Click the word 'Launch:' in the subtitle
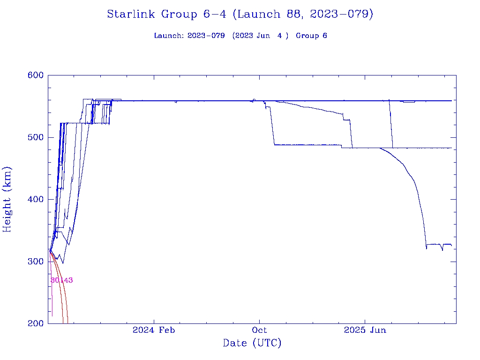tap(169, 36)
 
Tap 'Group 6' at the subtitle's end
tap(311, 36)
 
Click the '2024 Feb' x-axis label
tap(154, 330)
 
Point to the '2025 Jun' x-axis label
tap(365, 330)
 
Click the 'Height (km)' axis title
tap(7, 199)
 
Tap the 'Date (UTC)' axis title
tap(252, 344)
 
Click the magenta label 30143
tap(61, 280)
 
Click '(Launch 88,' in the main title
tap(265, 15)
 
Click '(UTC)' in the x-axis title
tap(267, 344)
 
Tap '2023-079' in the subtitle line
tap(206, 36)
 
